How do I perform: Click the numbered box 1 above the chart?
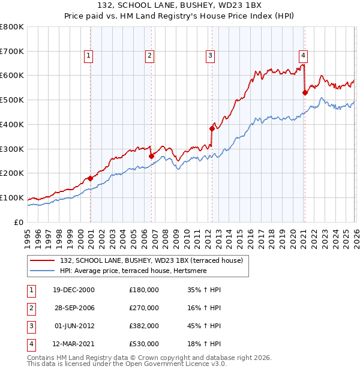point(88,56)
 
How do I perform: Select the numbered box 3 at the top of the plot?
point(211,56)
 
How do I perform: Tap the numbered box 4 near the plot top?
point(304,56)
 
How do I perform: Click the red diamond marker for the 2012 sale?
point(212,128)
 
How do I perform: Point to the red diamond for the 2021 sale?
point(305,92)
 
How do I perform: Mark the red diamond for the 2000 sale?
point(90,178)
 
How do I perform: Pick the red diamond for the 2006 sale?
point(151,156)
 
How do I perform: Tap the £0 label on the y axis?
point(18,222)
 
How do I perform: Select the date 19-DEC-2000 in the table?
point(74,290)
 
